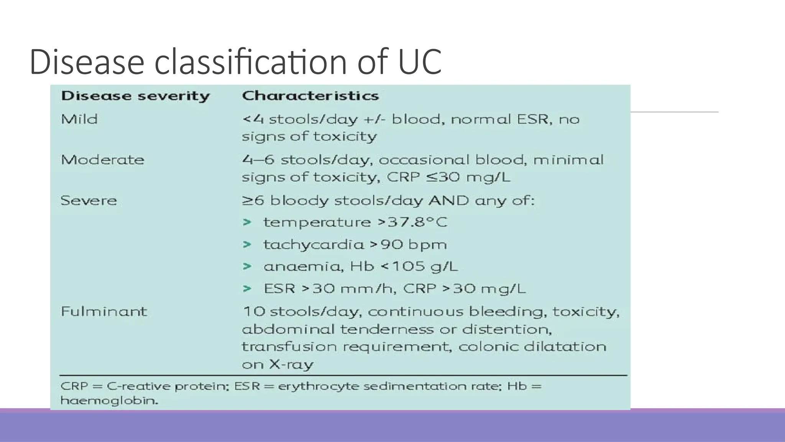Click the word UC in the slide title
[420, 61]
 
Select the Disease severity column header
[135, 96]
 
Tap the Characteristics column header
[310, 96]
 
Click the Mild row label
[79, 119]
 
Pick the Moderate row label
[102, 160]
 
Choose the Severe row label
[89, 200]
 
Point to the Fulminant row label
[103, 311]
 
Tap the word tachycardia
[313, 244]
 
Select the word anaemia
[303, 266]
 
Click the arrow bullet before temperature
[247, 222]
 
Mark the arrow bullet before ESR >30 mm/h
[247, 289]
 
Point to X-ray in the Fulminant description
[291, 364]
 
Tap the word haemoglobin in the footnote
[109, 401]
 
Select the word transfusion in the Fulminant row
[289, 347]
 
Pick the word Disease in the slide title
[87, 61]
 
